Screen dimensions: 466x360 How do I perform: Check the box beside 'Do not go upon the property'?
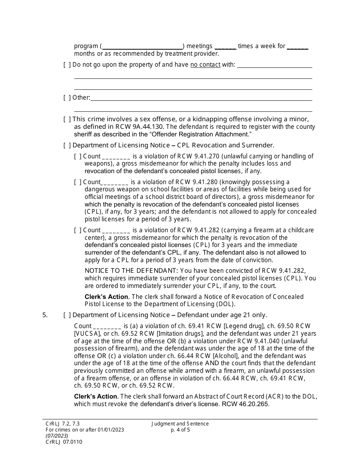point(67,65)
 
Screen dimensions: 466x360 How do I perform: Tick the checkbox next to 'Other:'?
point(67,98)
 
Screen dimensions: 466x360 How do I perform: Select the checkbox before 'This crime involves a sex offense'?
point(67,119)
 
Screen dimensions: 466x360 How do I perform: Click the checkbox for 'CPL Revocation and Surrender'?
point(67,145)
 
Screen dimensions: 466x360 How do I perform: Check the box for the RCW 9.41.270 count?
point(78,156)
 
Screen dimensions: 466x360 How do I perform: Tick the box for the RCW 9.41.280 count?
point(78,182)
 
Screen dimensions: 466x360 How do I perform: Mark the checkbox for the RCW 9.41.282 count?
point(78,230)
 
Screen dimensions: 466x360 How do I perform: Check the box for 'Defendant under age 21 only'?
point(67,315)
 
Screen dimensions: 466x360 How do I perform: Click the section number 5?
point(45,315)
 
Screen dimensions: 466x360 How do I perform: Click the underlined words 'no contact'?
point(205,65)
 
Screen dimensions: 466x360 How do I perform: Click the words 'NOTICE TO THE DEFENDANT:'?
point(131,271)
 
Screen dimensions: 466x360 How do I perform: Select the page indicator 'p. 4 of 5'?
point(180,430)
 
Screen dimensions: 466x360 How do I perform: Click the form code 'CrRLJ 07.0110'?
point(64,442)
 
